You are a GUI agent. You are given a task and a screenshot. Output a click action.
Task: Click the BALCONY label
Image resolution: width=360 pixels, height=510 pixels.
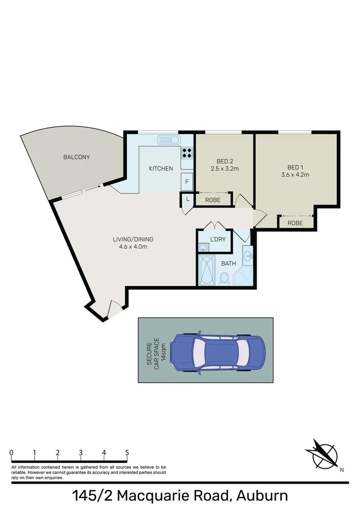click(x=76, y=157)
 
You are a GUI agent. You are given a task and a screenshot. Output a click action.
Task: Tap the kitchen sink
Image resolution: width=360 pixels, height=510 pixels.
click(x=168, y=140)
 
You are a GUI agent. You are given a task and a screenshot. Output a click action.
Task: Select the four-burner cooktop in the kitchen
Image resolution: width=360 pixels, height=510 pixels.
click(x=187, y=153)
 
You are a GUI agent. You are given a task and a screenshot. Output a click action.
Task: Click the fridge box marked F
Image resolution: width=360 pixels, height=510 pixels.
click(x=187, y=181)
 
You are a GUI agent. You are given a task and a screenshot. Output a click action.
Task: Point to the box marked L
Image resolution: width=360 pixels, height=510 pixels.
click(x=187, y=199)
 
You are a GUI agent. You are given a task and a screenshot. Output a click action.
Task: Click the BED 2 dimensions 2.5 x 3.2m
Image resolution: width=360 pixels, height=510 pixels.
click(x=225, y=168)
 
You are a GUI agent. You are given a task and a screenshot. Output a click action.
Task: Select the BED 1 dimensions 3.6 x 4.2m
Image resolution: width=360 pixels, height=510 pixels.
click(x=298, y=175)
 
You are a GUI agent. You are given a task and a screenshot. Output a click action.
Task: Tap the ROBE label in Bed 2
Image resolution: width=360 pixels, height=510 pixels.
click(x=214, y=200)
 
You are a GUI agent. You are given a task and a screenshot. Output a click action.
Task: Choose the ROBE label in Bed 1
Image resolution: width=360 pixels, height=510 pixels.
click(x=295, y=223)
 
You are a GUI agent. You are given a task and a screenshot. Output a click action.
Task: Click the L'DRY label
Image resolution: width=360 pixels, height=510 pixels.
click(x=218, y=239)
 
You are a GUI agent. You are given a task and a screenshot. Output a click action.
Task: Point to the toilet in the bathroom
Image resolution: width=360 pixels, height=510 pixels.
click(x=225, y=278)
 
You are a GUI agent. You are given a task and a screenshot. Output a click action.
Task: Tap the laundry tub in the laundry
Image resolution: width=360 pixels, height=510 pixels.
click(x=203, y=247)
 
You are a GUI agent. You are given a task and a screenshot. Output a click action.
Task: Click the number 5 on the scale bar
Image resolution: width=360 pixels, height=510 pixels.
click(x=127, y=452)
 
